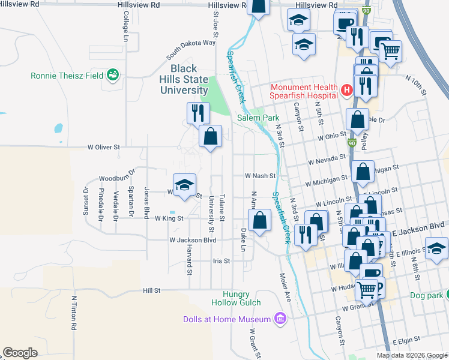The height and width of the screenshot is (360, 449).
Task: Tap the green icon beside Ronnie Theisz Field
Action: (112, 76)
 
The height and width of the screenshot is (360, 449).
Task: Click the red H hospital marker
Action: (346, 91)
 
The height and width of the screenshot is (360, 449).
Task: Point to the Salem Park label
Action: (255, 118)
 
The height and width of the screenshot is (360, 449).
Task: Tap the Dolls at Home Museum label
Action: (227, 319)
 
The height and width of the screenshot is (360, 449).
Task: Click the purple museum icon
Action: (279, 318)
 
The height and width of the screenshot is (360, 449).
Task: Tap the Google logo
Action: (20, 352)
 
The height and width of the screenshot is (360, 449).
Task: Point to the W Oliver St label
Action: (104, 146)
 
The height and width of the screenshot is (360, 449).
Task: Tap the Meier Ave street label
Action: (285, 287)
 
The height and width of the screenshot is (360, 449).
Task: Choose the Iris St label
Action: (221, 261)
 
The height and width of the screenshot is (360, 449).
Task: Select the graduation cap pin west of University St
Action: (185, 184)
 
